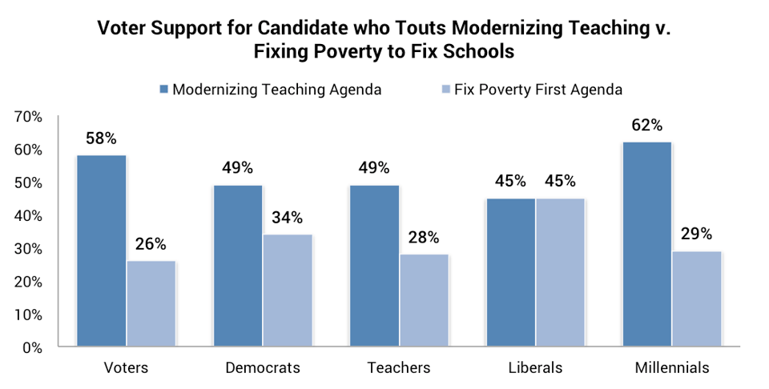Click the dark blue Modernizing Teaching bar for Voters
101,251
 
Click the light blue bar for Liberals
560,273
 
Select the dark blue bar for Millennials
646,245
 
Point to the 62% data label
646,125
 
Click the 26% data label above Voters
151,244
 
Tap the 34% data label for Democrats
287,218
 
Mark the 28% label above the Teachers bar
424,237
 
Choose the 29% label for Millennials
696,235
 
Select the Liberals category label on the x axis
535,368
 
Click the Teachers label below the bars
398,368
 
